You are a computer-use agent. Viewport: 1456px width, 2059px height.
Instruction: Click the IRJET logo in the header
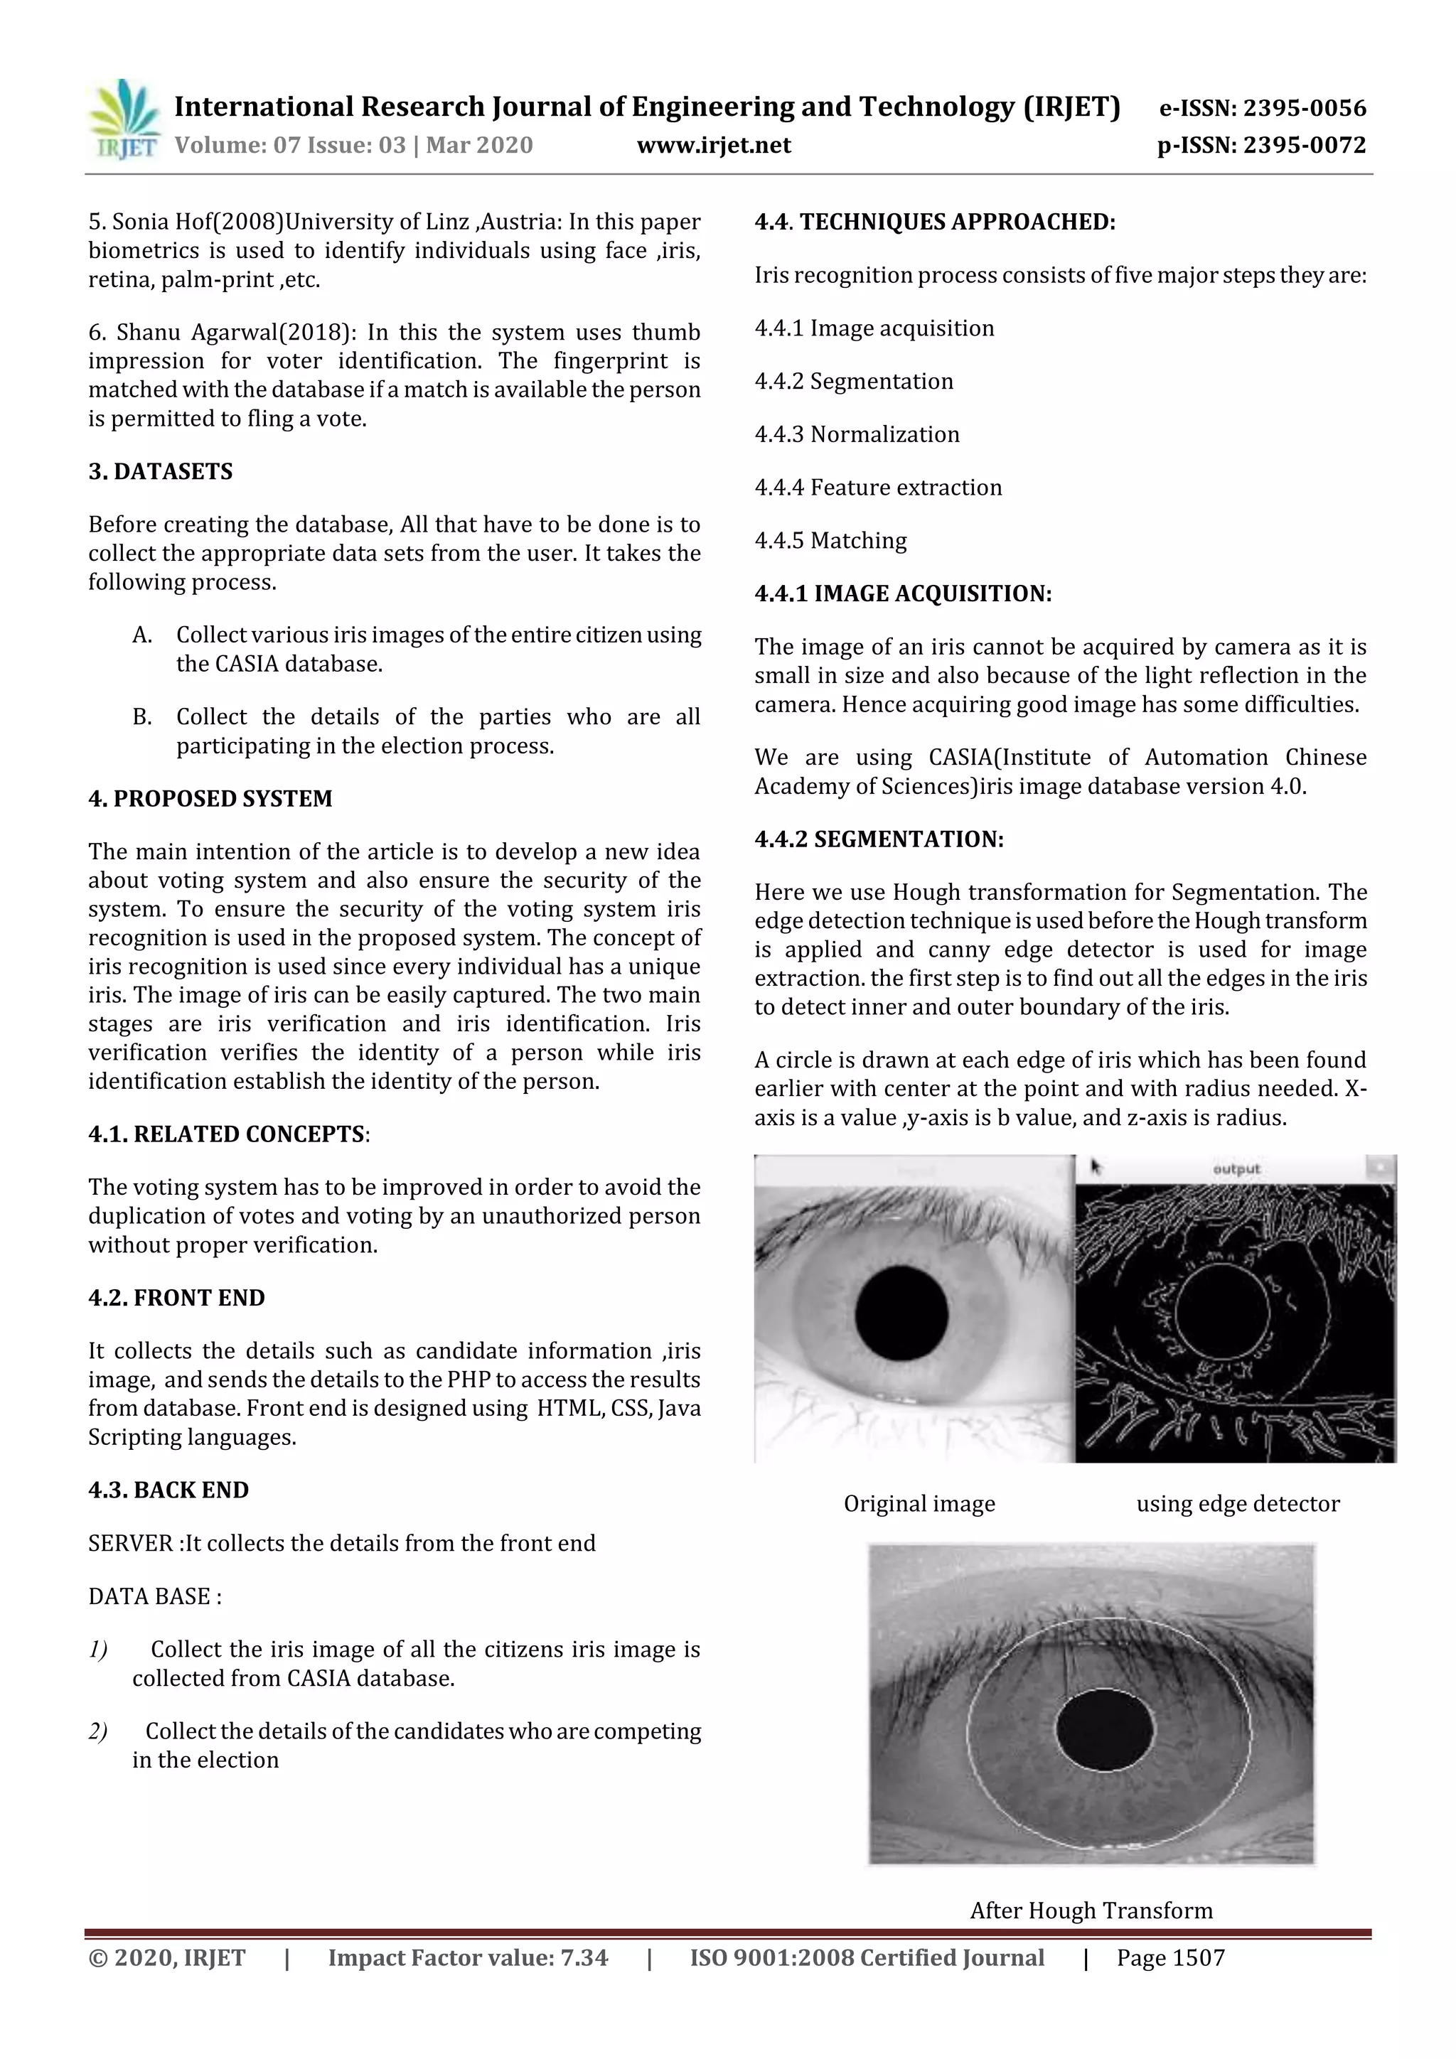pos(124,120)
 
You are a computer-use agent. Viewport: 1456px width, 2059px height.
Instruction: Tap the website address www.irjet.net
pos(713,145)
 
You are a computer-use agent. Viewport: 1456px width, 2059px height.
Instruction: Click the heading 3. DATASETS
pos(161,472)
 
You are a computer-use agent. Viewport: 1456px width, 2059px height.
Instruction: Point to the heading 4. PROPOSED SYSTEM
pos(210,798)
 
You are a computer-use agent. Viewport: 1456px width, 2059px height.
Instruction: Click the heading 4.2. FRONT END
pos(177,1298)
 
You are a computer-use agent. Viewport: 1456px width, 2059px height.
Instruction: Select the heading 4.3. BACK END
pos(168,1490)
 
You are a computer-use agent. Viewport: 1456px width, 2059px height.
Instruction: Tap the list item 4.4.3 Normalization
pos(857,434)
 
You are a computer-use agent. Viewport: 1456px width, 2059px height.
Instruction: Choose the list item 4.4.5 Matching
pos(830,541)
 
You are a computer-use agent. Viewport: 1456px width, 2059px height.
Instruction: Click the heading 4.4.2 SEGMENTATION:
pos(879,839)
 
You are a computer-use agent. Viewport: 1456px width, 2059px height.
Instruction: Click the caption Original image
pos(919,1504)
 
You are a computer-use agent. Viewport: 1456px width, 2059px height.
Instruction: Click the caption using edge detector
pos(1237,1504)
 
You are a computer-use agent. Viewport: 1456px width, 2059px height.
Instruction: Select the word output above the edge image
pos(1236,1168)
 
